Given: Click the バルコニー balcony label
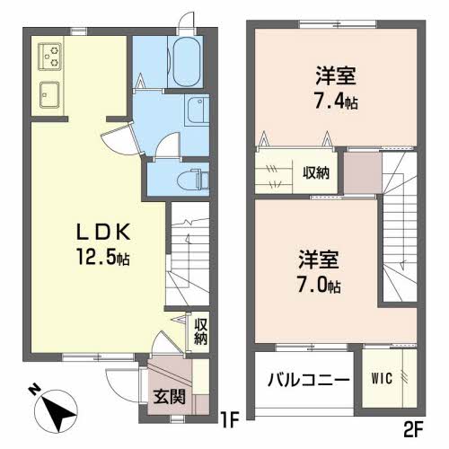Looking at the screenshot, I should point(308,381).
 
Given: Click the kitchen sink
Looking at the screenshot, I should point(49,92).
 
